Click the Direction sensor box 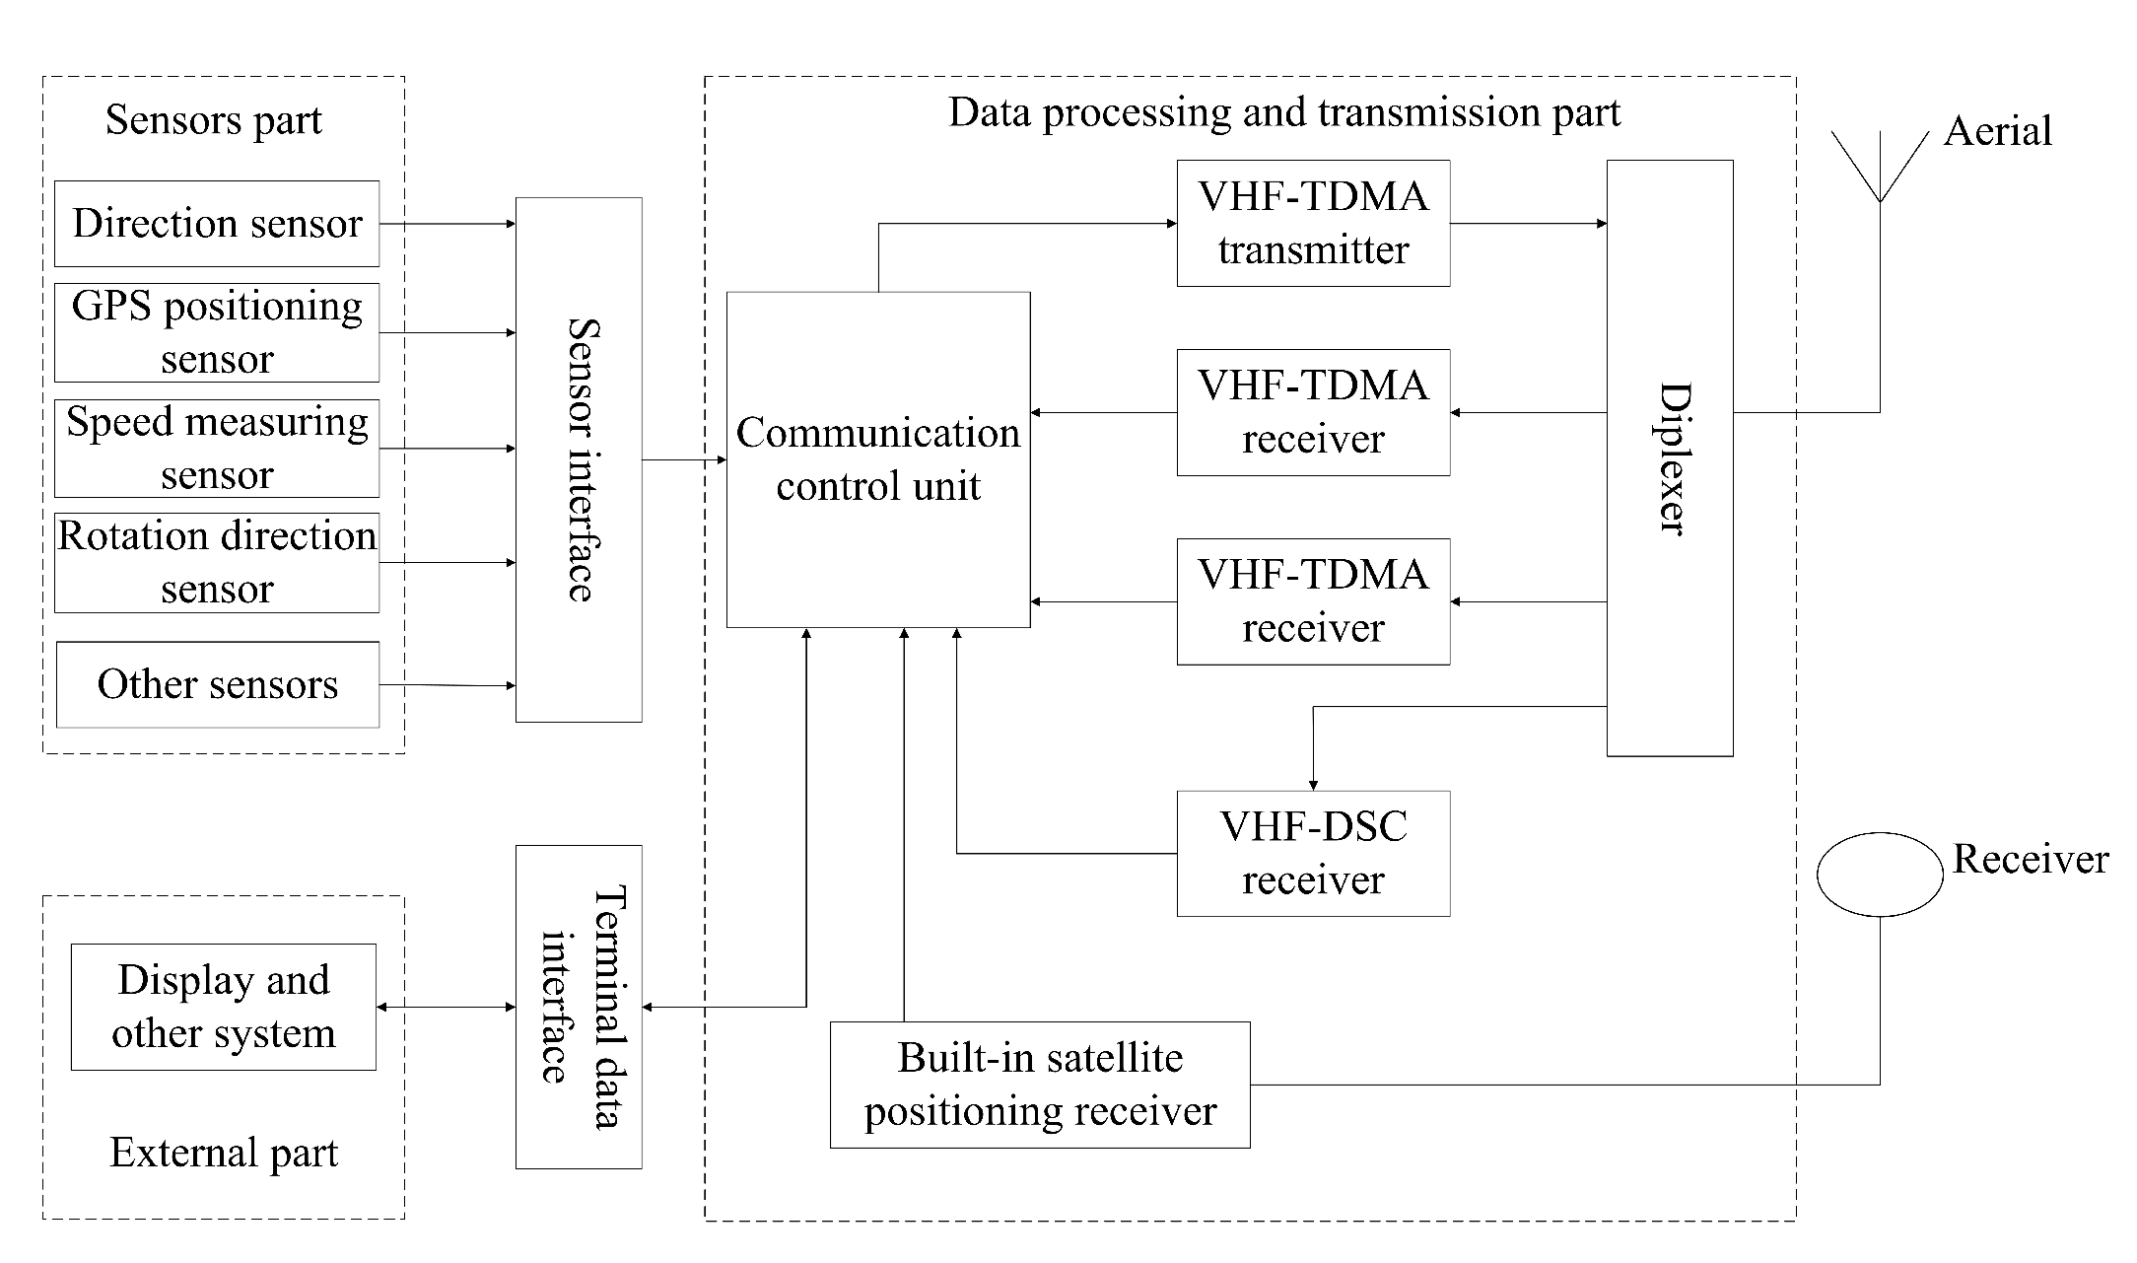[216, 223]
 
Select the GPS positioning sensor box [216, 333]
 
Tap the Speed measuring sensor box [216, 449]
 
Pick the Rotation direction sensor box [216, 563]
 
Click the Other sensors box [217, 684]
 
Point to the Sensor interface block [579, 459]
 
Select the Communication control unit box [877, 459]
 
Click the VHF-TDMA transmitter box [1312, 224]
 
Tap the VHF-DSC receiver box [1312, 853]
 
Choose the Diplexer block [1669, 458]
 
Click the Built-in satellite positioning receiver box [1039, 1085]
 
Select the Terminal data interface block [579, 1007]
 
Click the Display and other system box [223, 1007]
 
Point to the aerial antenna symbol [1879, 168]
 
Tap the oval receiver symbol [1879, 875]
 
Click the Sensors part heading [213, 120]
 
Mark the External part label [223, 1153]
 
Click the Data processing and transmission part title [1283, 112]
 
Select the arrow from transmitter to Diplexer [1527, 224]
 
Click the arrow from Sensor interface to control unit [683, 459]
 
